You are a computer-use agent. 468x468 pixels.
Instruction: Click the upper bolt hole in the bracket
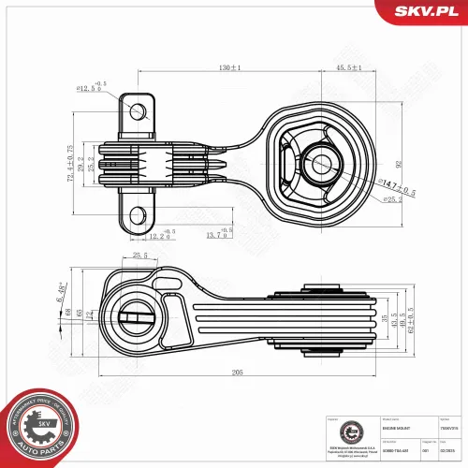(137, 111)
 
